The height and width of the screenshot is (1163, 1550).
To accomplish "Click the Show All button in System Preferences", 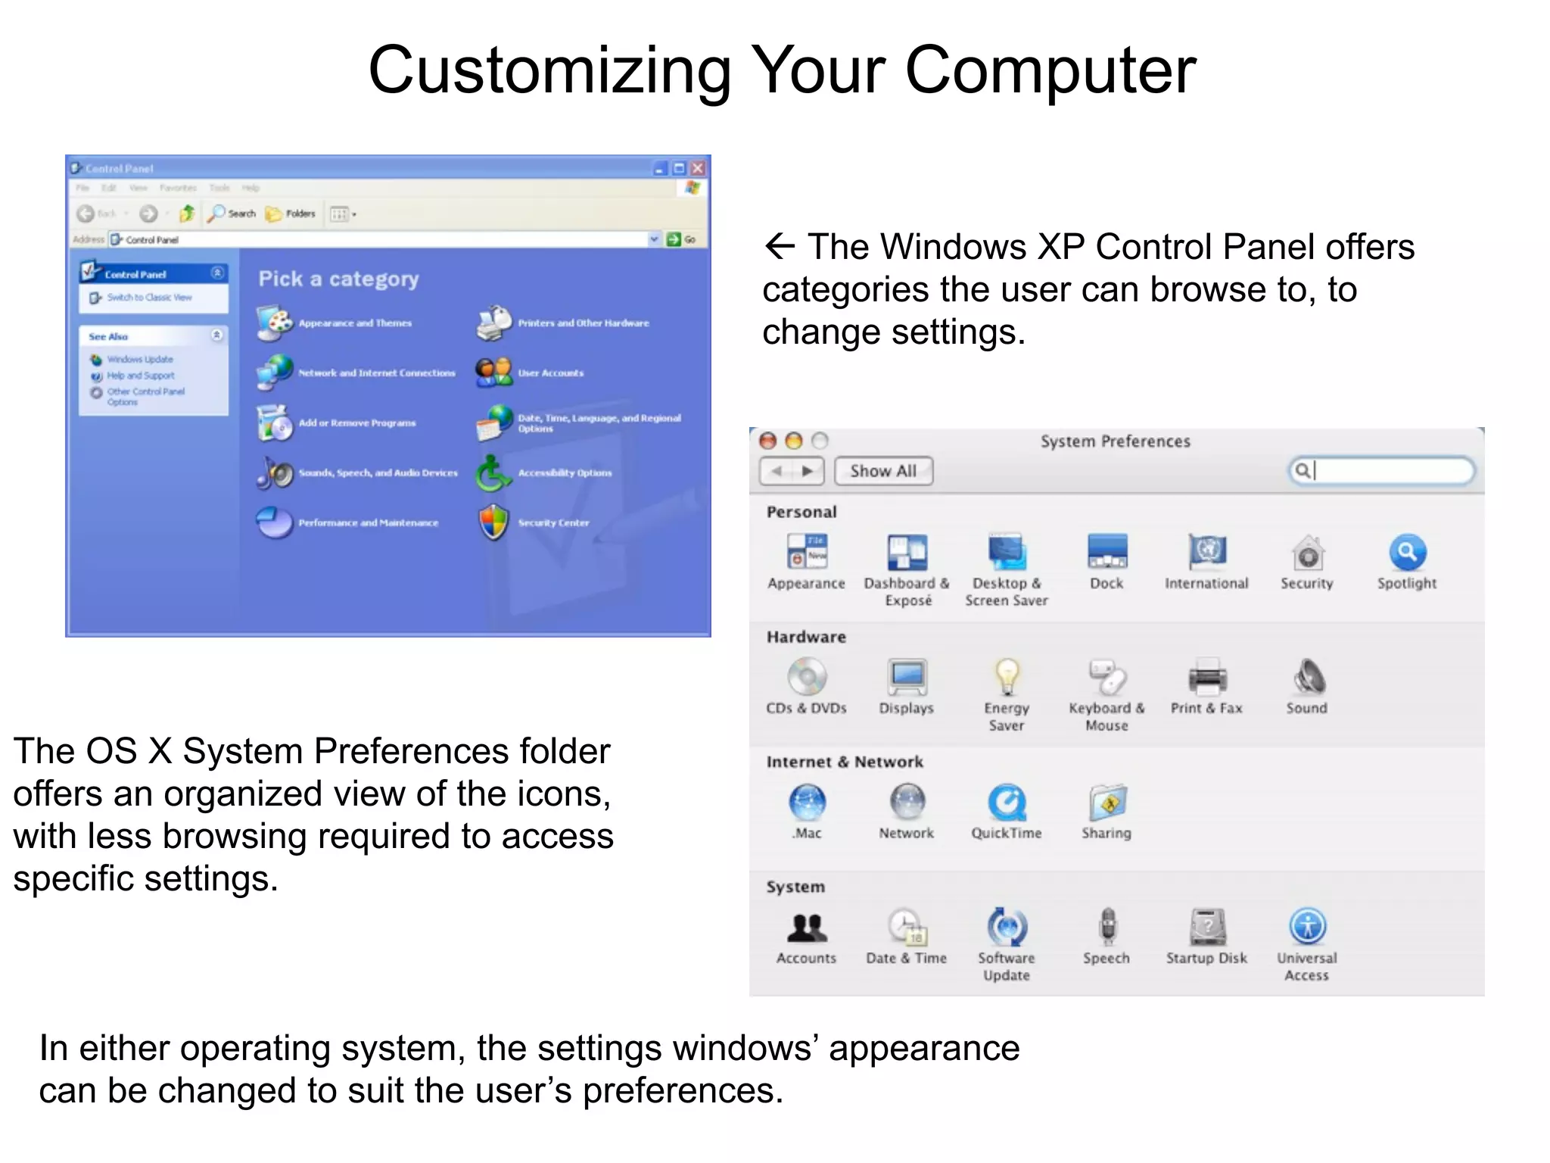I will [x=883, y=471].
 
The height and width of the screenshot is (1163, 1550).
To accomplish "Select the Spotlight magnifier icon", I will [x=1407, y=553].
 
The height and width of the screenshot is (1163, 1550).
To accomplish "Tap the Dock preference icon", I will [x=1106, y=552].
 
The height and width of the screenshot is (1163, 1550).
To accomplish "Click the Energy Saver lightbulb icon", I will [x=1007, y=676].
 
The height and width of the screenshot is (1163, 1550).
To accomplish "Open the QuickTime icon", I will [x=1007, y=802].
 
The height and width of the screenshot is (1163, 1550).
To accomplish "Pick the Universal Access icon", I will [x=1307, y=926].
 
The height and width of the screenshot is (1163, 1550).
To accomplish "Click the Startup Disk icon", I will [x=1207, y=926].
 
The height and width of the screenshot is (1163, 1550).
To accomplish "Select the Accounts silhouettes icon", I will [x=807, y=926].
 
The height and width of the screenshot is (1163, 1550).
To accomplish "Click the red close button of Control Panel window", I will [x=698, y=168].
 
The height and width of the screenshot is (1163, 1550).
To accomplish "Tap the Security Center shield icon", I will [x=494, y=522].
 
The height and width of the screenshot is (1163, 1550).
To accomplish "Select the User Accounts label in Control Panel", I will [x=550, y=373].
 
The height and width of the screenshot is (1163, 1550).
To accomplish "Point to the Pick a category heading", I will [x=338, y=279].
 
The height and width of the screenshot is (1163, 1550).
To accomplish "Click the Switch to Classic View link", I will [x=149, y=298].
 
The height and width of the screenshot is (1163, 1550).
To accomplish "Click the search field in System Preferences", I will [x=1389, y=471].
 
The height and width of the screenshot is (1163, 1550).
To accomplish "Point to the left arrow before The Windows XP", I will [x=780, y=246].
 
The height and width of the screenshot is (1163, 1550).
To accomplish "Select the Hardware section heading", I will [x=806, y=637].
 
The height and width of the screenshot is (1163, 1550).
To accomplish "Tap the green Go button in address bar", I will [x=674, y=239].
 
